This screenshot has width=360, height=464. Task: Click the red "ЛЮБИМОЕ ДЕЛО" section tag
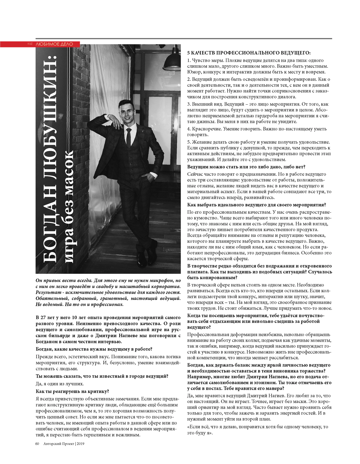pyautogui.click(x=54, y=44)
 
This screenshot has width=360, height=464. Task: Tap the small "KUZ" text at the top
pyautogui.click(x=30, y=44)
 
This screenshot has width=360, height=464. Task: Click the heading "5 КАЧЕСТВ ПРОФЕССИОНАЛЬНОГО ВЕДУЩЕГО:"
pyautogui.click(x=249, y=53)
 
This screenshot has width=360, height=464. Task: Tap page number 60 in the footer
pyautogui.click(x=37, y=444)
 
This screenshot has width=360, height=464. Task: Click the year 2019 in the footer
pyautogui.click(x=81, y=444)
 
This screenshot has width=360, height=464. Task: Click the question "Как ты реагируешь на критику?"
pyautogui.click(x=72, y=392)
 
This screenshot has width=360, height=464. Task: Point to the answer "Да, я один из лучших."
pyautogui.click(x=60, y=384)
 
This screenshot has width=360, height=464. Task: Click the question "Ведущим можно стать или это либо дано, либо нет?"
pyautogui.click(x=246, y=167)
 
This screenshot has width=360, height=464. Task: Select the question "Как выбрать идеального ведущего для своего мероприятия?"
pyautogui.click(x=256, y=205)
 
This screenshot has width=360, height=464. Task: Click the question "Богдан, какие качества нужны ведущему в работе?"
pyautogui.click(x=94, y=349)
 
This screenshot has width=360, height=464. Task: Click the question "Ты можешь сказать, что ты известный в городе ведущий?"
pyautogui.click(x=102, y=376)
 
